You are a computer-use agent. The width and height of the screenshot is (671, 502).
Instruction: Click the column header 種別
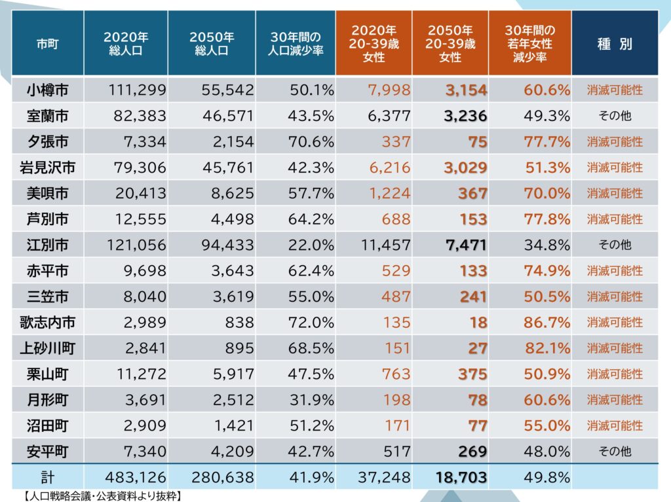click(615, 45)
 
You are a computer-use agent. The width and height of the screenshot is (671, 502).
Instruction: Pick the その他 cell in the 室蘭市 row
click(615, 116)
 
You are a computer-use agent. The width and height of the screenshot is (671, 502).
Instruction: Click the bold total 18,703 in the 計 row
click(461, 477)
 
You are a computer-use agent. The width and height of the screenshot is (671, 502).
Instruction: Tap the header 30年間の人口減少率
click(294, 45)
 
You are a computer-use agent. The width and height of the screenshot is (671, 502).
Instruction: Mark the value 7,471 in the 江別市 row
click(465, 245)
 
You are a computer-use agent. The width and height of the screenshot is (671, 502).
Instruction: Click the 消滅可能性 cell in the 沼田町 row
click(615, 425)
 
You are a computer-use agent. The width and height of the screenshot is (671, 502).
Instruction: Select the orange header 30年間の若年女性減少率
click(529, 44)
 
